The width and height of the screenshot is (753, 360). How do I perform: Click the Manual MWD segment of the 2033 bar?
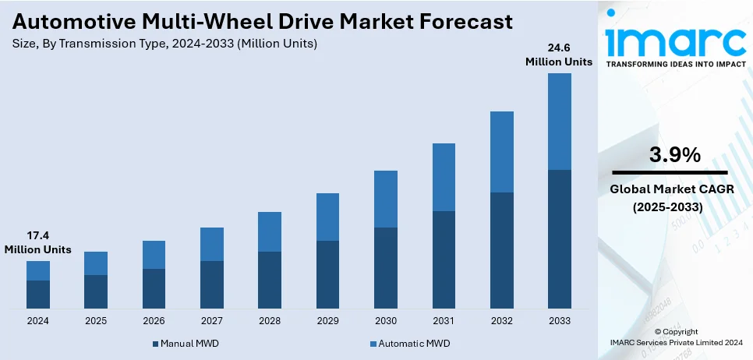coord(560,238)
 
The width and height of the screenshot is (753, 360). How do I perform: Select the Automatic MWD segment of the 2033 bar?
coord(560,122)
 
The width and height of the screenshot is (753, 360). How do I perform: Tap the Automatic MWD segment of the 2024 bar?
coord(38,270)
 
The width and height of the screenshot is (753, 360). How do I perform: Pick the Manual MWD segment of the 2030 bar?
coord(386,267)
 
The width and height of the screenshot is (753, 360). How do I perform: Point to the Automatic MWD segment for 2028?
coord(270,231)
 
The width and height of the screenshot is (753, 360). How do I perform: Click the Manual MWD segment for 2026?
coord(154,288)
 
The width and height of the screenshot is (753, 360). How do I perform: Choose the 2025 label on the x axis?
coord(96,320)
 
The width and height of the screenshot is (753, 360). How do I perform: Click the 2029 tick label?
coord(327,320)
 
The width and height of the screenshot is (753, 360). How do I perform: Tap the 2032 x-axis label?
coord(501,320)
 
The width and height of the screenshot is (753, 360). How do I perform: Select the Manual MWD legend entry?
coord(188,344)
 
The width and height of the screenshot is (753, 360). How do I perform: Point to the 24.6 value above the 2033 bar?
coord(559,48)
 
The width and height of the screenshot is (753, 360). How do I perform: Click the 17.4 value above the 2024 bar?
coord(37,235)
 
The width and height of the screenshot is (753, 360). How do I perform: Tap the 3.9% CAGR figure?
coord(674,155)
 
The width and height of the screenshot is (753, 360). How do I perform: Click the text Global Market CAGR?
coord(670,189)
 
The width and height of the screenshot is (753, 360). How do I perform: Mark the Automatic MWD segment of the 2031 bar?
coord(444,177)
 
